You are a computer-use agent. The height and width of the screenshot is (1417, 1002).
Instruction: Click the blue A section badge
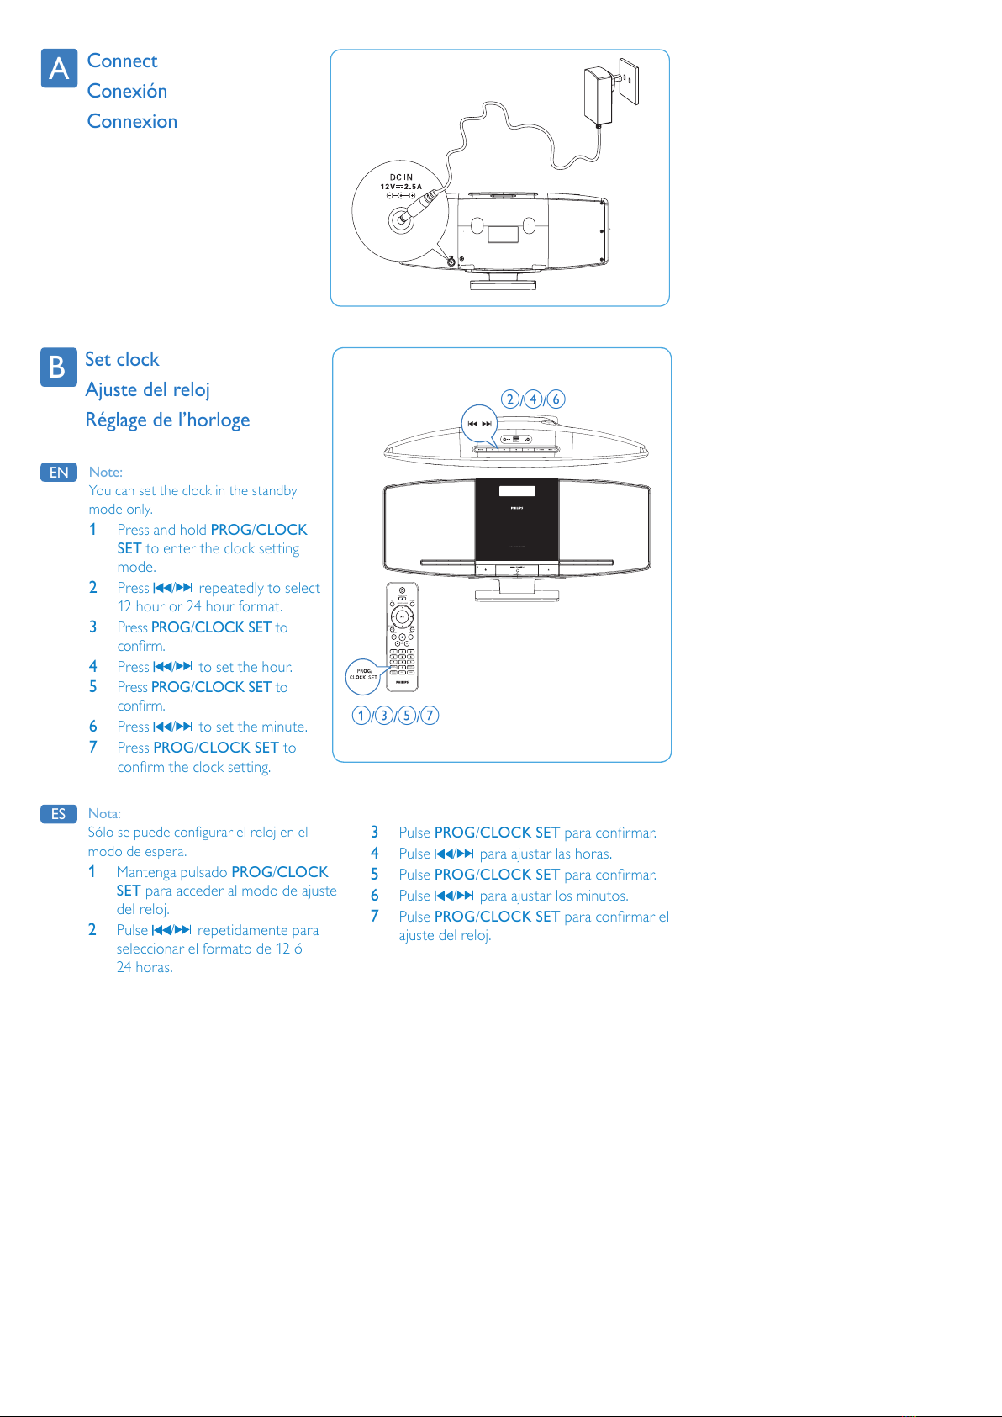(x=59, y=68)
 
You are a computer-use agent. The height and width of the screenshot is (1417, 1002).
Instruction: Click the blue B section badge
(x=58, y=367)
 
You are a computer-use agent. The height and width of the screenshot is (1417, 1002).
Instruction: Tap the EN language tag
(x=59, y=472)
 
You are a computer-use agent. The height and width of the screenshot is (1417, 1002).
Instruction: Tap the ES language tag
(x=58, y=813)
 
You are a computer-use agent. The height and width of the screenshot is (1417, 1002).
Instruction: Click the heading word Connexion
(x=132, y=121)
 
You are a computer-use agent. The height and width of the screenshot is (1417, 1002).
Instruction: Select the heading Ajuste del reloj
(x=147, y=389)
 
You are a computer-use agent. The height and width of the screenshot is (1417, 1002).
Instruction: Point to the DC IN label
(x=401, y=177)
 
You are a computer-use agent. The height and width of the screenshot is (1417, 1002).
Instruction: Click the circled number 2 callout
(x=510, y=399)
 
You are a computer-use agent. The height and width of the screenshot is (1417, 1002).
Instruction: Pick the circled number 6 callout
(x=556, y=399)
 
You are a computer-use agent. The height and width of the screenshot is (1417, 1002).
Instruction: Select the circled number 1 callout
(x=361, y=715)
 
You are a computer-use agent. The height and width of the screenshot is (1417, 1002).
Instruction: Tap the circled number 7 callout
(x=430, y=715)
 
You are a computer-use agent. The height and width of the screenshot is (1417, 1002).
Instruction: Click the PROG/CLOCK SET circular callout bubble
(x=363, y=675)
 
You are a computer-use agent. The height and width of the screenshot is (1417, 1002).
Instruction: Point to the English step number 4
(x=93, y=666)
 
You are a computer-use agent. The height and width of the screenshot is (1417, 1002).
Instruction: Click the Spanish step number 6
(x=375, y=896)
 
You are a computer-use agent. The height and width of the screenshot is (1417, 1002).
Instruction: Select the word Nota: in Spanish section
(x=104, y=813)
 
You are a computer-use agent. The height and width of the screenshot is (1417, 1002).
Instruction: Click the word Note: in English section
(x=106, y=472)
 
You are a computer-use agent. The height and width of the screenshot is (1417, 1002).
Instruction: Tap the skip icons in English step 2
(x=173, y=588)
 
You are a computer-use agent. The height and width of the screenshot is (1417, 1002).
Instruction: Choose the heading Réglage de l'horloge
(x=167, y=420)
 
